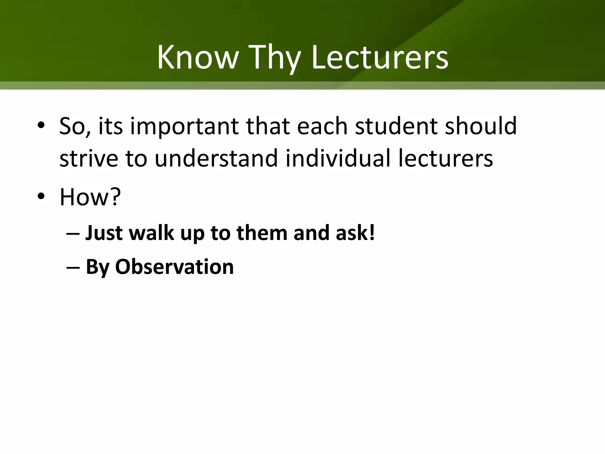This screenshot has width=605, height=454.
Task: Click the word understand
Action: pyautogui.click(x=216, y=158)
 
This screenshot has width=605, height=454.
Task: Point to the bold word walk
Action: pyautogui.click(x=151, y=233)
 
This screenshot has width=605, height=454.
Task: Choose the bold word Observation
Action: pyautogui.click(x=174, y=267)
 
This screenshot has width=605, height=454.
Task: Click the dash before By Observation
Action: pyautogui.click(x=73, y=267)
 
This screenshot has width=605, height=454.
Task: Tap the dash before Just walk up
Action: pyautogui.click(x=73, y=234)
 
